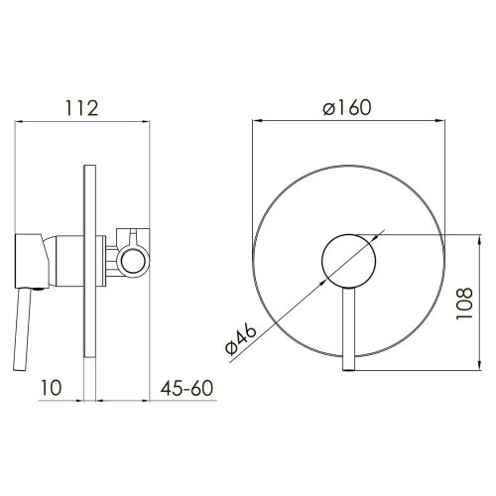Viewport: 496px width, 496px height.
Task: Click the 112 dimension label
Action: click(x=82, y=108)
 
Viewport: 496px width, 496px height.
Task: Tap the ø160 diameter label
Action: click(x=347, y=107)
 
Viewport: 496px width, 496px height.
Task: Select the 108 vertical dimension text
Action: click(x=464, y=304)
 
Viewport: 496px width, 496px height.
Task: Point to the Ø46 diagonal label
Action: click(x=241, y=339)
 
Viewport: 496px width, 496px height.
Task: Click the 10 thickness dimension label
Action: click(x=52, y=388)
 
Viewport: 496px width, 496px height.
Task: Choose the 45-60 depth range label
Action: click(x=186, y=388)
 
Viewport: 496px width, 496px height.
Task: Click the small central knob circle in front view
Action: click(x=348, y=261)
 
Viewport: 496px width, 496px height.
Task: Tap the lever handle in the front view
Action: click(x=349, y=329)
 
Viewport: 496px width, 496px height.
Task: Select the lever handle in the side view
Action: click(x=23, y=330)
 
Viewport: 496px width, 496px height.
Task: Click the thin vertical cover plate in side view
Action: click(x=89, y=261)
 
